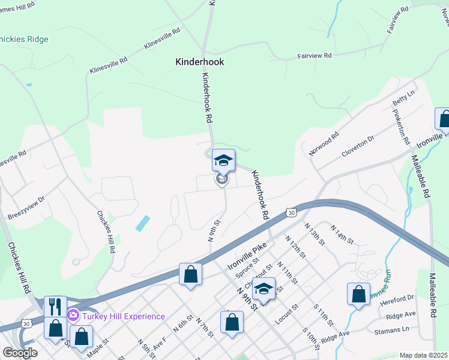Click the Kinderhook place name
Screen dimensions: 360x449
(x=199, y=62)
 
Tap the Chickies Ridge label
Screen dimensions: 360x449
(x=24, y=39)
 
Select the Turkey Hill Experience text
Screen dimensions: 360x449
(x=123, y=316)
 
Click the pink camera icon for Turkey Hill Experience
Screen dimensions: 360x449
(x=73, y=314)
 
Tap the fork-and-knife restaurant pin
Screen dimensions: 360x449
(x=55, y=306)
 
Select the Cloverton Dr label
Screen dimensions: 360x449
(x=358, y=145)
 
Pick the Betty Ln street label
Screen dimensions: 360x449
(x=403, y=100)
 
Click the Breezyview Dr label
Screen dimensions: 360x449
(x=26, y=207)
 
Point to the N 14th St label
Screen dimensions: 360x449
(x=342, y=233)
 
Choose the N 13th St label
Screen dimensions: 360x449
(x=315, y=235)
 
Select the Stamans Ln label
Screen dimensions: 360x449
(x=397, y=329)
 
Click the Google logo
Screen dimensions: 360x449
(x=20, y=353)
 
